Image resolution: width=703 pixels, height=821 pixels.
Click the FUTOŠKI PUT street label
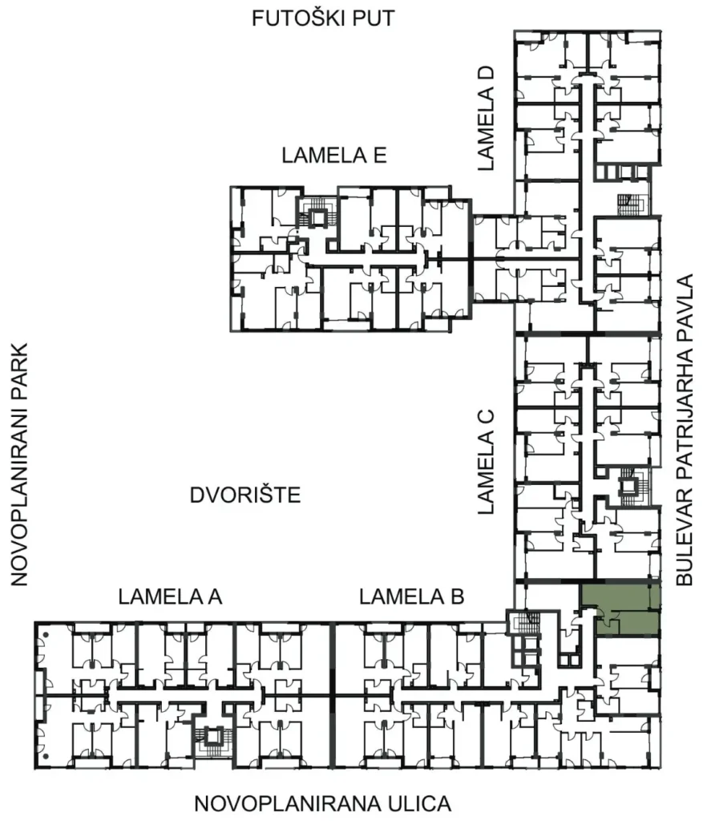323,18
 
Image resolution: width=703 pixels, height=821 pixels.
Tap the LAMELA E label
334,156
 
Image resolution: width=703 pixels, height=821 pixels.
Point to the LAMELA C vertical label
486,462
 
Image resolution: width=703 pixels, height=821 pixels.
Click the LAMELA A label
170,597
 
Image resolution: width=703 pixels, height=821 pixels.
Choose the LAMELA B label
411,597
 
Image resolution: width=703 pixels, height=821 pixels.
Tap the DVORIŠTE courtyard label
245,495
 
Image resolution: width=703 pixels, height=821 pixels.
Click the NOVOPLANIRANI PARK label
18,464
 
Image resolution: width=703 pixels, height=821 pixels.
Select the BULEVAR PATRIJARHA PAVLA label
684,430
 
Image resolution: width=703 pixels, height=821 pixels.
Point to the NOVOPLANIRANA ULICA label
322,803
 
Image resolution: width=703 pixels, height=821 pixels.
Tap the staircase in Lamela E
317,212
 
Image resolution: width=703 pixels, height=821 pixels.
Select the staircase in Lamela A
212,741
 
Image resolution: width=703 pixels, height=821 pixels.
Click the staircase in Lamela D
632,204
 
